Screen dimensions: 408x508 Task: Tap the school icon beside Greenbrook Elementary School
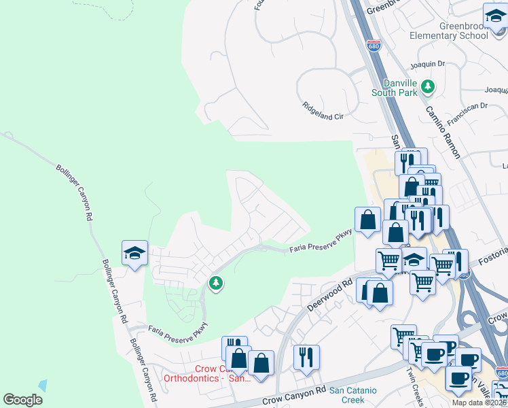495,16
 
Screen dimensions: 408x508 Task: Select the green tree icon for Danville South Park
428,86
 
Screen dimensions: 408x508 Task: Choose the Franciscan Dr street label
465,106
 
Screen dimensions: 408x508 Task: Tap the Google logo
22,400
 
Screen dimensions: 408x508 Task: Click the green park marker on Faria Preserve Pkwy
216,282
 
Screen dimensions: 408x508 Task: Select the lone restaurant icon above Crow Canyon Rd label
306,356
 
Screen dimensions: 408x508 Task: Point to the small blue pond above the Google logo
43,386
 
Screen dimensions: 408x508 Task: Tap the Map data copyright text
479,403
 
